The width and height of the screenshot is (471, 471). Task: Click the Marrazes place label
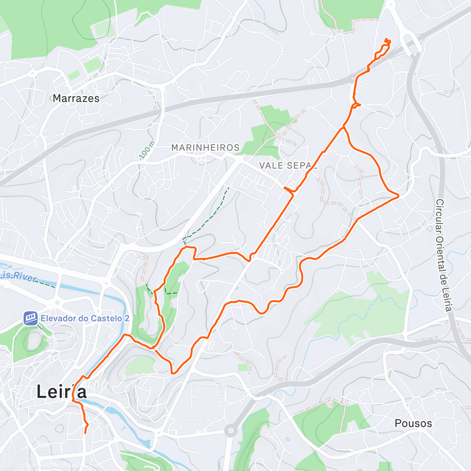tap(76, 98)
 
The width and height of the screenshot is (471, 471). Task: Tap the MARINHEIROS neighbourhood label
tap(205, 148)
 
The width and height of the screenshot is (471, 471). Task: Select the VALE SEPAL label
tap(288, 166)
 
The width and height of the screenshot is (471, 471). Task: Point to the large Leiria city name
tap(62, 392)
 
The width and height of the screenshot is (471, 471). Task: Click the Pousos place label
tap(413, 424)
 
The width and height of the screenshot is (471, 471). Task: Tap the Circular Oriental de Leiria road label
tap(444, 255)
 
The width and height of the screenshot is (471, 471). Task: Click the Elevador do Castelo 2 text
tap(85, 318)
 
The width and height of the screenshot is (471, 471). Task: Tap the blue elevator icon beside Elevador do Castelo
tap(31, 318)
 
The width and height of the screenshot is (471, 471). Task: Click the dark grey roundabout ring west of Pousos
tap(230, 431)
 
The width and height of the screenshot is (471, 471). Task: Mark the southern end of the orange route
tap(86, 433)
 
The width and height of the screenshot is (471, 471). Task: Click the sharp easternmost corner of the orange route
tap(398, 195)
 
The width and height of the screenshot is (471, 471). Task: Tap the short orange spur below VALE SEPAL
tap(288, 190)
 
